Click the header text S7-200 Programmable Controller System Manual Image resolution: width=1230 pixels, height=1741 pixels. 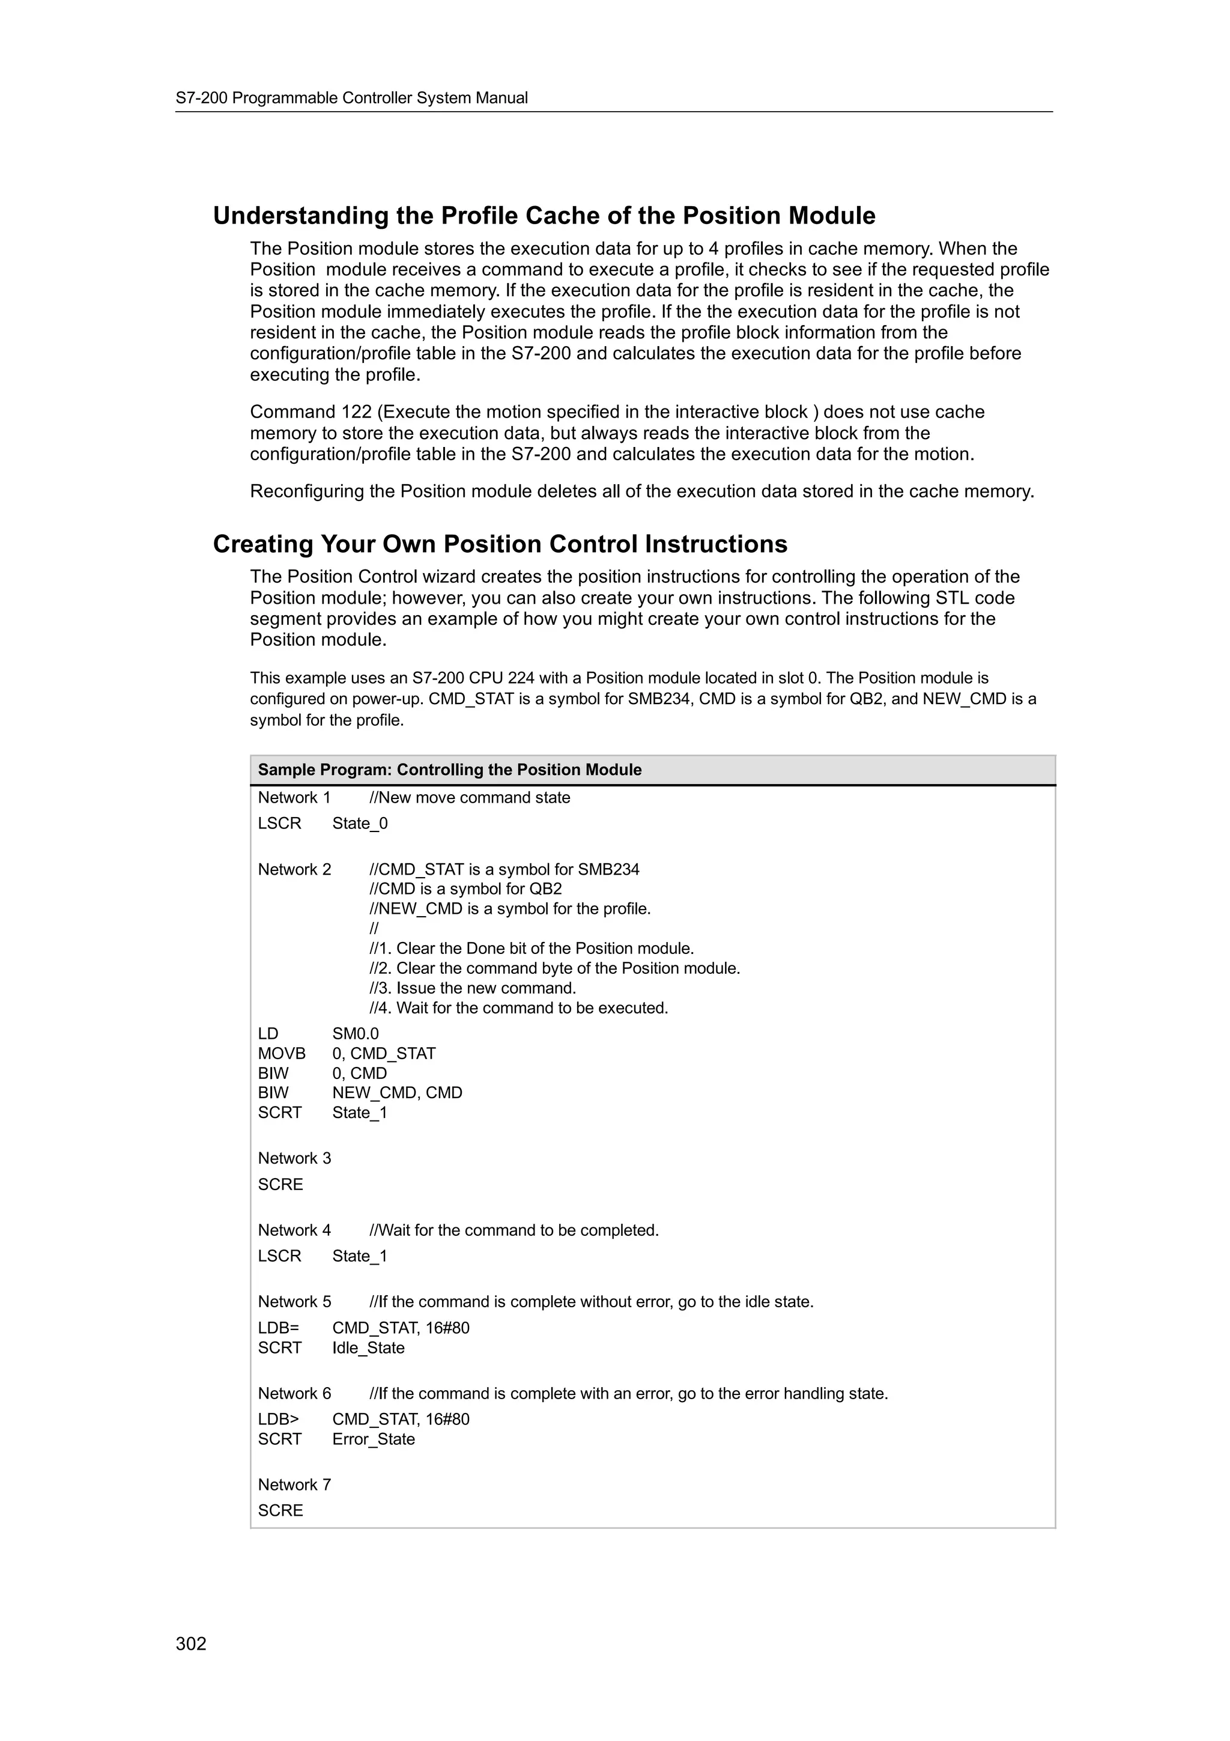(x=352, y=98)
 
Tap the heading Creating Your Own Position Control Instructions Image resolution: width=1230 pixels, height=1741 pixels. (x=500, y=544)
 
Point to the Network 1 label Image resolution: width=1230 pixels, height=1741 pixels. (x=294, y=798)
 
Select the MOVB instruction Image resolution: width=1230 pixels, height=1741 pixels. (x=281, y=1053)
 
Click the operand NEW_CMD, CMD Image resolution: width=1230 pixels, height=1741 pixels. (x=397, y=1093)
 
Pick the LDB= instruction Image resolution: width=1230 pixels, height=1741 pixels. (x=279, y=1328)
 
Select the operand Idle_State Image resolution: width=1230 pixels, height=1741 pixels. (x=368, y=1348)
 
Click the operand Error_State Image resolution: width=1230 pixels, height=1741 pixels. (x=374, y=1439)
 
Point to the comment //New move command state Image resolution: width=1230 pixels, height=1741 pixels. (x=469, y=798)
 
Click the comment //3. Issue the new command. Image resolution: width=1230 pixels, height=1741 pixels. (x=472, y=988)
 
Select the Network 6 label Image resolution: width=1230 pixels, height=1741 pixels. (x=294, y=1394)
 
